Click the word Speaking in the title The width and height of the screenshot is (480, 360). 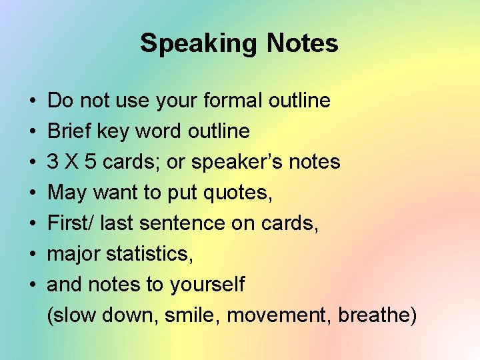(x=198, y=44)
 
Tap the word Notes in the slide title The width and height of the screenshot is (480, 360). (x=303, y=44)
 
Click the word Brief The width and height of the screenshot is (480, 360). (x=69, y=131)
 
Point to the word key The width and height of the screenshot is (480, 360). (x=113, y=131)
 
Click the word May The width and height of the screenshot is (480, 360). (x=67, y=193)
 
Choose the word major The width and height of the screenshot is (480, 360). (x=71, y=254)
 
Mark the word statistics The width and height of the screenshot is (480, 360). (x=146, y=254)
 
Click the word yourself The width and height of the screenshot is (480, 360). (x=207, y=285)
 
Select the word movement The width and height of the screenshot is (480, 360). (x=279, y=315)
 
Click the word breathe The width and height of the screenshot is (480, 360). (x=376, y=315)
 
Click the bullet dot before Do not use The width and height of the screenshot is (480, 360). (x=33, y=101)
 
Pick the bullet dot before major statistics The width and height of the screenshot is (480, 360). (x=33, y=255)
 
